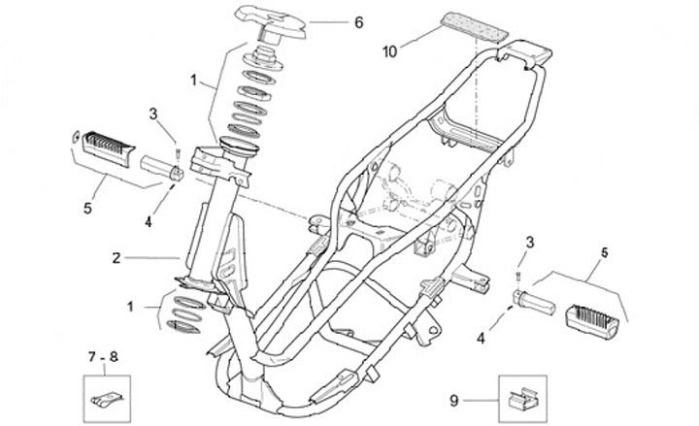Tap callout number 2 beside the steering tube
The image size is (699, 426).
pos(116,258)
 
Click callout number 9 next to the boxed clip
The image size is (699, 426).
pos(453,398)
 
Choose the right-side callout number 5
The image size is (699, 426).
pos(604,253)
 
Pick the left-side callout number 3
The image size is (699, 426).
pos(153,114)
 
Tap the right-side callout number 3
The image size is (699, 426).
pos(529,241)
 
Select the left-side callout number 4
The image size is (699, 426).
pos(149,221)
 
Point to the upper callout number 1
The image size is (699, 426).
pos(193,80)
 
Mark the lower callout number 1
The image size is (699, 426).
pos(131,308)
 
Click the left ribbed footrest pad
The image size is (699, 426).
pos(103,148)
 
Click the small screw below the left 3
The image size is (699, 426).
pos(179,151)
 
